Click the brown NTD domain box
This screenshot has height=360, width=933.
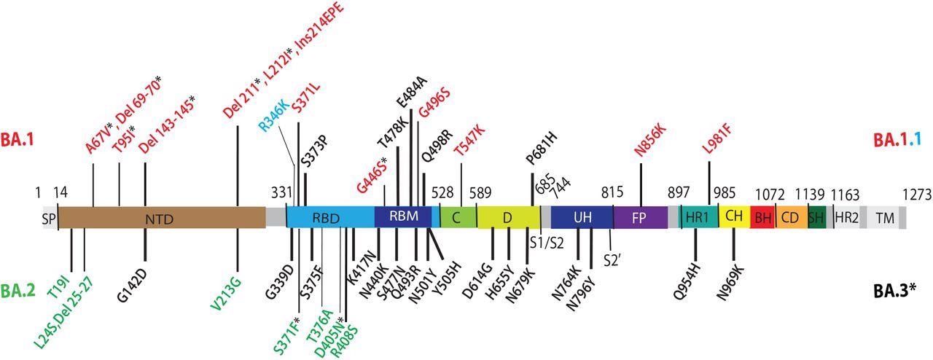[161, 217]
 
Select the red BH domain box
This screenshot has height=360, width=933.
[762, 217]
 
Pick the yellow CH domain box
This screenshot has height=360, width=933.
[733, 217]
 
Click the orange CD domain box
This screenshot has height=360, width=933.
[790, 217]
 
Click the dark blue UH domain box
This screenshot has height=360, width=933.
[582, 217]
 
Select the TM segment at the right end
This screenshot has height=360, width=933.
[885, 217]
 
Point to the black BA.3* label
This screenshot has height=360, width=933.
[894, 292]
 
